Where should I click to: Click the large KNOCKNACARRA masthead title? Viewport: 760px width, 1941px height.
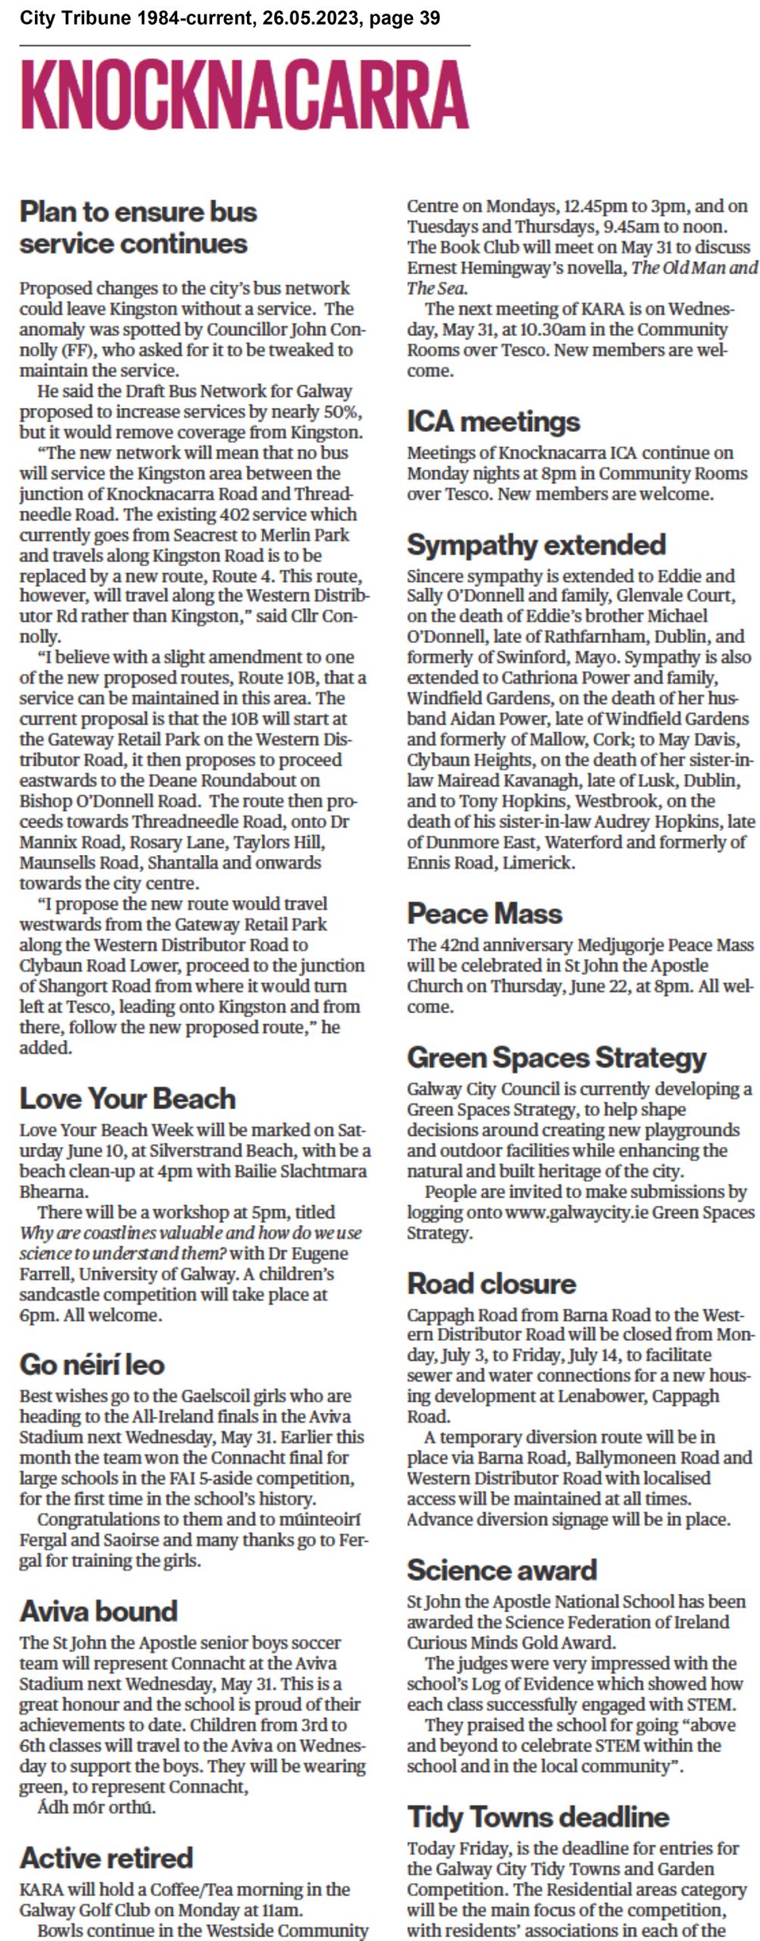(x=245, y=96)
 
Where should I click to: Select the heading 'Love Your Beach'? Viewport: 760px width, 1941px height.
(x=127, y=1099)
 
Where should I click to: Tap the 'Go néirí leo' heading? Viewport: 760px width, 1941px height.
(x=92, y=1364)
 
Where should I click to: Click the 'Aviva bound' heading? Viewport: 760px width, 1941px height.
(x=99, y=1610)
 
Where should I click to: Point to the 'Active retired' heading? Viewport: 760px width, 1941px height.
(x=106, y=1857)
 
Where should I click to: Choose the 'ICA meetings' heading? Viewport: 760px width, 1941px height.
(x=493, y=421)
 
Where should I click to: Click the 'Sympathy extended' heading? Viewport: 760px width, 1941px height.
(x=536, y=544)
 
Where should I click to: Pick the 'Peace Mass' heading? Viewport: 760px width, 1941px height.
(x=484, y=914)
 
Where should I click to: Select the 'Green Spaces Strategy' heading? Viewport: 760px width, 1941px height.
(x=556, y=1057)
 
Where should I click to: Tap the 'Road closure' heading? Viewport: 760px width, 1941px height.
(x=491, y=1283)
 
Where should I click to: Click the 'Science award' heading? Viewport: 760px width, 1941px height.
(x=502, y=1569)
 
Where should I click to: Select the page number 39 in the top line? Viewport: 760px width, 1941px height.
(x=429, y=17)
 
